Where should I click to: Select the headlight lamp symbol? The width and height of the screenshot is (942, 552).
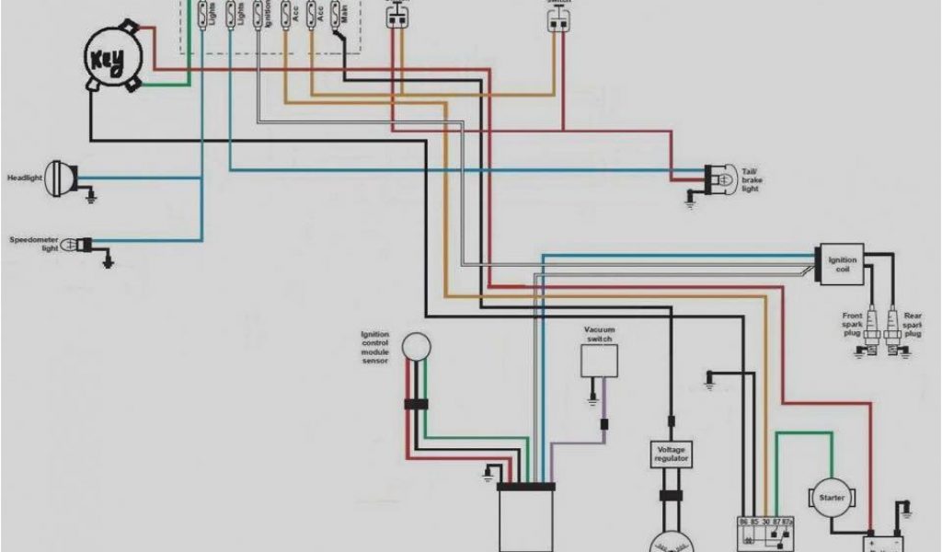64,176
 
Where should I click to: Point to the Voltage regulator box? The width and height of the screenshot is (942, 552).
670,454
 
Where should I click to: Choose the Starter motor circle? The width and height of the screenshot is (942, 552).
831,498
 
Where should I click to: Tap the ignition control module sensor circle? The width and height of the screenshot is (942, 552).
419,346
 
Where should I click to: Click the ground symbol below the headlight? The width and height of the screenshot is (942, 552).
91,196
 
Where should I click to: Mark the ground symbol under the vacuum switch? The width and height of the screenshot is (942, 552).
593,399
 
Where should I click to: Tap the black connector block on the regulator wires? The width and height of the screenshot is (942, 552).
671,496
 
